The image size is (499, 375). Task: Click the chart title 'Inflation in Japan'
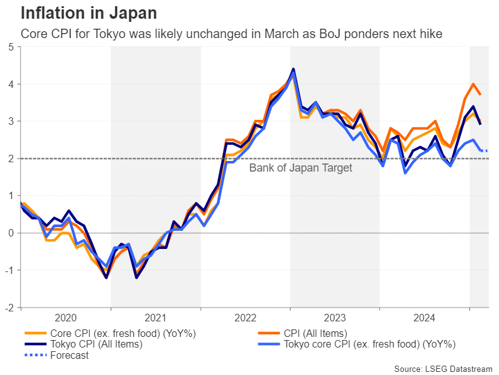click(x=88, y=12)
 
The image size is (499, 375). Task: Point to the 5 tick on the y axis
click(x=12, y=47)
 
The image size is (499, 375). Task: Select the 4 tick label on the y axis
click(x=12, y=84)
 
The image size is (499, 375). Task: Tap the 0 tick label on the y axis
click(x=12, y=233)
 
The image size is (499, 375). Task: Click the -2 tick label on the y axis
click(x=11, y=308)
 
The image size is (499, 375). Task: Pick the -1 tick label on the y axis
click(x=11, y=270)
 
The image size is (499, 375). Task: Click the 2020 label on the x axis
click(x=66, y=317)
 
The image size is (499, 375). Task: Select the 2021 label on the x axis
click(x=156, y=317)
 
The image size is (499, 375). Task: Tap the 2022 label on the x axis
click(x=245, y=317)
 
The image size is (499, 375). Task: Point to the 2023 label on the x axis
click(x=335, y=317)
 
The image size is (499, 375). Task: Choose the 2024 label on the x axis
click(x=424, y=317)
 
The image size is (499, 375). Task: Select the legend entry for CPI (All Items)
click(x=315, y=333)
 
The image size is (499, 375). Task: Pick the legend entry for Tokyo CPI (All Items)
click(x=96, y=344)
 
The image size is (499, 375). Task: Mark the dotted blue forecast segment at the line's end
click(x=483, y=150)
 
